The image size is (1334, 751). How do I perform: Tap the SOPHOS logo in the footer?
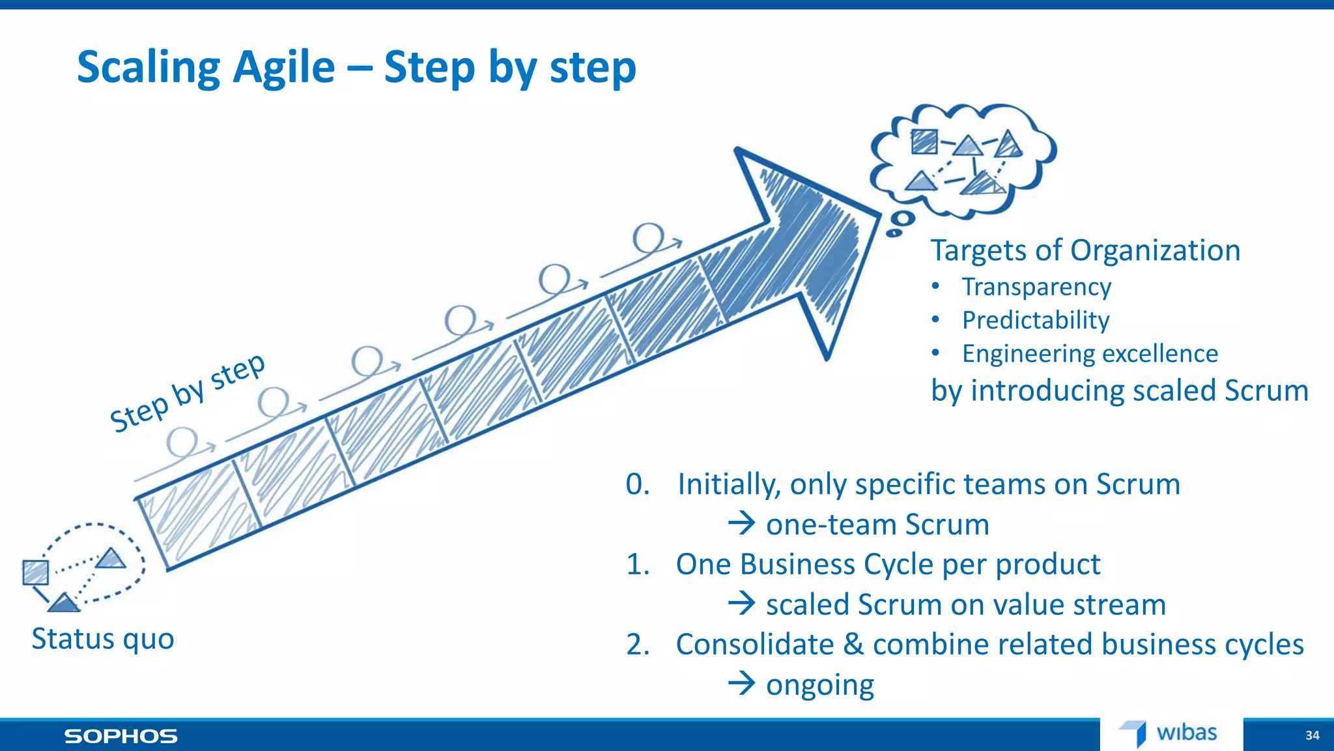point(121,736)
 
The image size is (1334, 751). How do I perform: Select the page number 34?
point(1312,735)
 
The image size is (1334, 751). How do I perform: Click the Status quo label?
point(103,639)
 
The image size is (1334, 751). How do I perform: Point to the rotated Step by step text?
point(188,392)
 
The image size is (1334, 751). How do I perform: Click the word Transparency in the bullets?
point(1036,287)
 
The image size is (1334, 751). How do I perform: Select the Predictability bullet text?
point(1036,320)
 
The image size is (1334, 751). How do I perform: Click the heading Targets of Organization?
point(1085,250)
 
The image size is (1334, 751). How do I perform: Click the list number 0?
point(638,484)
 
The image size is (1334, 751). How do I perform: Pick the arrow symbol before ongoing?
point(741,684)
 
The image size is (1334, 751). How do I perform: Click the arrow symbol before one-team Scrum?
point(741,523)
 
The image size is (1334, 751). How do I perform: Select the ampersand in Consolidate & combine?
point(853,644)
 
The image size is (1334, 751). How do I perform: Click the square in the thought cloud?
point(924,141)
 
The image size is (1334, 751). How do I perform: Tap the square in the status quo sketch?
point(35,572)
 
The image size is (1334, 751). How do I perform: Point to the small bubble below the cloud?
point(902,219)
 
